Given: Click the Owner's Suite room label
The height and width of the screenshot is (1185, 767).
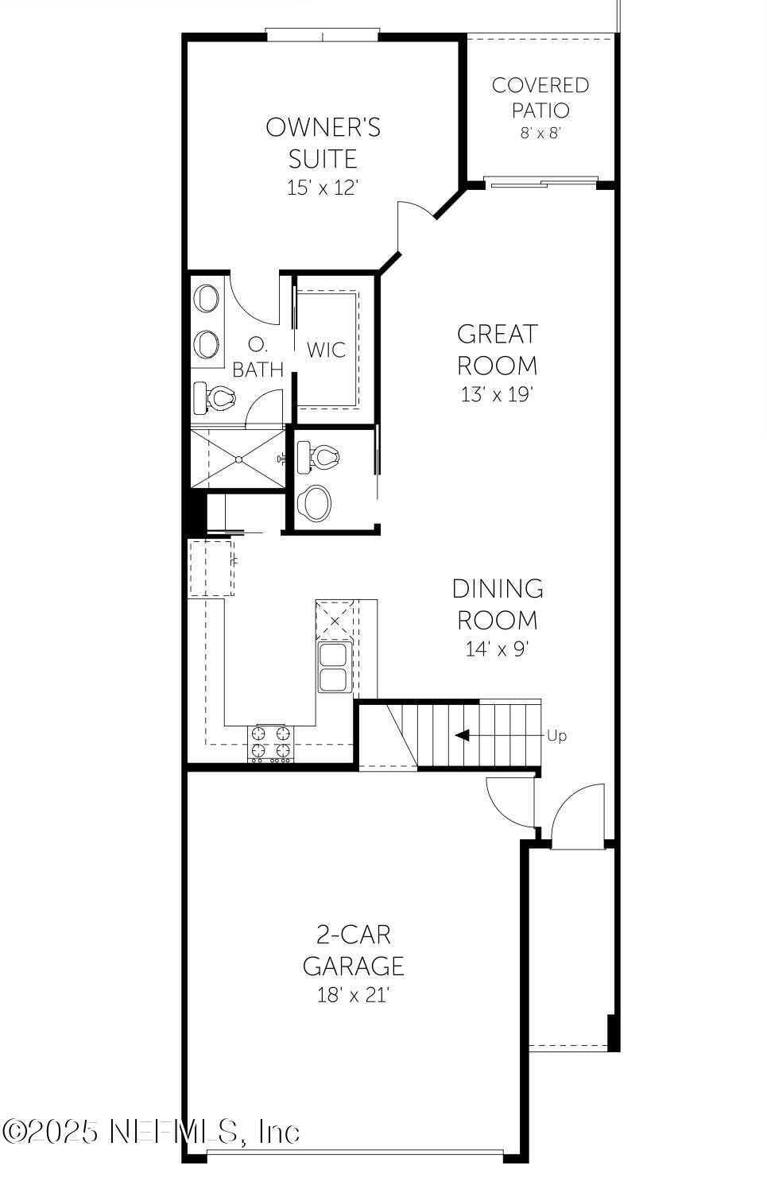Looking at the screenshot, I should point(323,142).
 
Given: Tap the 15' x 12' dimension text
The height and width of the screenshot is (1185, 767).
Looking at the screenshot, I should point(323,188).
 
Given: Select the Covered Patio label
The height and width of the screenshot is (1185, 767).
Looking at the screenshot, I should point(540,97).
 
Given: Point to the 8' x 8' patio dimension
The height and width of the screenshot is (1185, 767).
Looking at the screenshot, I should point(540,133).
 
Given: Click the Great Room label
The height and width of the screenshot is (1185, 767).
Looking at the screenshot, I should point(497,349).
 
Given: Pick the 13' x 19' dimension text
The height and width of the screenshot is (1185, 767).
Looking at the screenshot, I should point(497,394).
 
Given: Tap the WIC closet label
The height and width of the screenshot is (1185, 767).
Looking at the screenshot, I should point(327,349).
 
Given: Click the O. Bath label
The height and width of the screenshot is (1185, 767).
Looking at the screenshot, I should point(258,358).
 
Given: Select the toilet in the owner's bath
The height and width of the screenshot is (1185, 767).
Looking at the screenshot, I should point(216,398).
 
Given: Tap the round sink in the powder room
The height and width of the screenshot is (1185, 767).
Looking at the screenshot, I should point(315,502).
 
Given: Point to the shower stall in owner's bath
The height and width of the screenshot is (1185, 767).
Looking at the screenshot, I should point(238,459).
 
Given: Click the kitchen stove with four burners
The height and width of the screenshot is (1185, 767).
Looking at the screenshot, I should point(271,743).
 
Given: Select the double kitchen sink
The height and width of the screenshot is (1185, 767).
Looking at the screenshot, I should point(333,668).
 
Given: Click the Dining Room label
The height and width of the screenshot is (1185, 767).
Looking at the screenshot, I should point(498,604).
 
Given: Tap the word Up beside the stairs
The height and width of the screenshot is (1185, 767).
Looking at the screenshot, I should point(557,736).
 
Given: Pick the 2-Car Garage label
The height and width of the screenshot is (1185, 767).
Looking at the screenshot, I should point(354,950).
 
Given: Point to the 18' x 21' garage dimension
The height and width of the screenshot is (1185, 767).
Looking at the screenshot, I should point(354,994).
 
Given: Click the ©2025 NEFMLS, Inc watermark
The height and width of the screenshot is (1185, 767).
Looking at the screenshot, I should point(151,1131).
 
